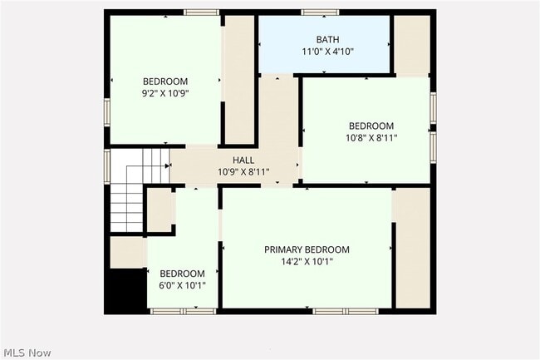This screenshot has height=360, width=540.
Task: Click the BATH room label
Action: click(327, 39)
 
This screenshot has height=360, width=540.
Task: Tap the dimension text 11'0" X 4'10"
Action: click(328, 52)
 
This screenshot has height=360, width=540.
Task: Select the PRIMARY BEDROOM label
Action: click(307, 249)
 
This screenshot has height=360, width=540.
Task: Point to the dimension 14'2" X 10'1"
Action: click(307, 261)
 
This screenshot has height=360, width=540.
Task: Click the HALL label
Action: click(243, 160)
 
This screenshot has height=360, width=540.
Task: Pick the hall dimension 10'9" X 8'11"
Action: click(243, 171)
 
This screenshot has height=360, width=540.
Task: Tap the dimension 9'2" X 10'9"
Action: click(165, 93)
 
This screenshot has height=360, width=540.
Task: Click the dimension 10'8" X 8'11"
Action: click(371, 138)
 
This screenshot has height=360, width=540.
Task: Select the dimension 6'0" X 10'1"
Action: click(182, 285)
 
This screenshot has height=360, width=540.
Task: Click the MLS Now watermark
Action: click(27, 353)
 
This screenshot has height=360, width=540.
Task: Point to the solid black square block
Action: click(125, 291)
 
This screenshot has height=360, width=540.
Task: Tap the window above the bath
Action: click(320, 12)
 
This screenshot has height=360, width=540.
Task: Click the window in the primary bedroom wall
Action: click(346, 312)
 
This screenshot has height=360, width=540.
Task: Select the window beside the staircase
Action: click(107, 166)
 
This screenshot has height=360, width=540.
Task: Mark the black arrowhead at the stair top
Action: click(168, 166)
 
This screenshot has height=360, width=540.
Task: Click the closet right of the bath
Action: click(412, 45)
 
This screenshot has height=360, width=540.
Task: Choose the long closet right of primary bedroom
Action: click(413, 248)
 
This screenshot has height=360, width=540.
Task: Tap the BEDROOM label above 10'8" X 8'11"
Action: click(371, 126)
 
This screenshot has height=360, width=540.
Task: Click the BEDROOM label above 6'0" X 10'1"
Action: click(182, 274)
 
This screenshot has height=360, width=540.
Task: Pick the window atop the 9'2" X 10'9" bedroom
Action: click(202, 12)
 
